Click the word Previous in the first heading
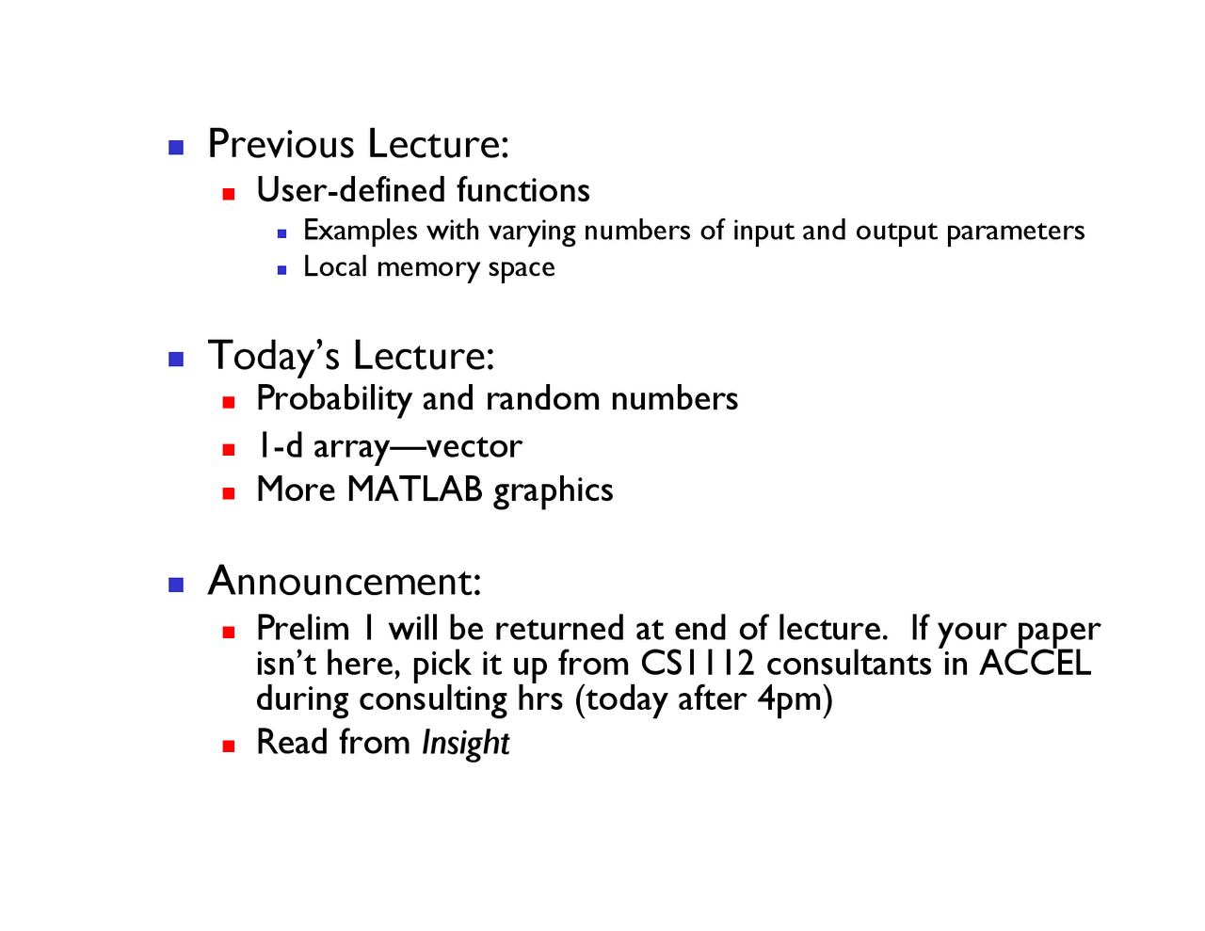(x=281, y=144)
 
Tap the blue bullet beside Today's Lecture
(x=176, y=359)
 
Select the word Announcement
(x=344, y=581)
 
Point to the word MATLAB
(x=414, y=490)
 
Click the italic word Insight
(x=465, y=743)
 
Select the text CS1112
(x=698, y=664)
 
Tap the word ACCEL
(x=1035, y=664)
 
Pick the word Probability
(x=333, y=399)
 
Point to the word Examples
(x=360, y=231)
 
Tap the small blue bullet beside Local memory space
(x=281, y=270)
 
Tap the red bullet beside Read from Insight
(x=228, y=746)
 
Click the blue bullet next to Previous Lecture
(x=176, y=147)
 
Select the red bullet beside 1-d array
(x=228, y=450)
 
